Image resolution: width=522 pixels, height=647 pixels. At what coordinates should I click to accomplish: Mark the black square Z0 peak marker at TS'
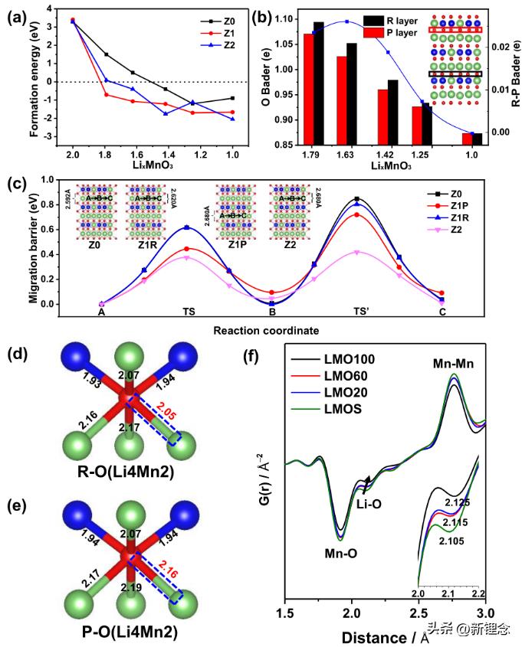[357, 199]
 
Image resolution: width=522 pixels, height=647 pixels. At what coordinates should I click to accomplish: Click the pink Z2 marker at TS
[186, 258]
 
